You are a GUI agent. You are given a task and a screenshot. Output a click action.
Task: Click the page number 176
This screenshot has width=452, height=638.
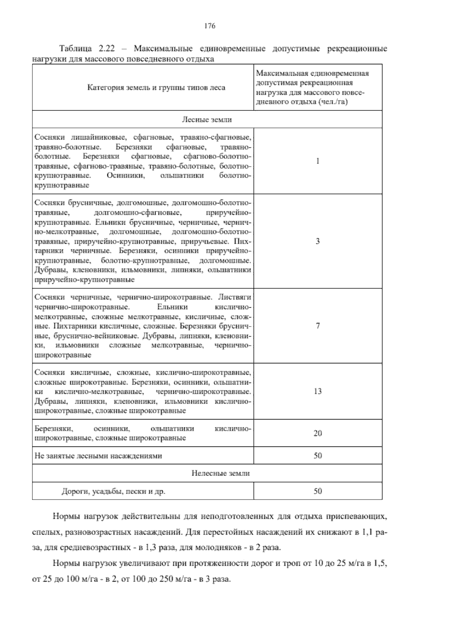209,26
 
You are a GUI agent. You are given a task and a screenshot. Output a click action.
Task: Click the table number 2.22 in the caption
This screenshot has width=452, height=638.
108,49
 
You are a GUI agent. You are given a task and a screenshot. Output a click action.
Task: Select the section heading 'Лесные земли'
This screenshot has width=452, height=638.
207,120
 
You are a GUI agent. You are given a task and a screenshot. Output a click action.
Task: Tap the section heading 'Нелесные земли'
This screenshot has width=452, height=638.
220,473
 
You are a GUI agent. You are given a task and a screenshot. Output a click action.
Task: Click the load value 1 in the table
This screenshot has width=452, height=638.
318,161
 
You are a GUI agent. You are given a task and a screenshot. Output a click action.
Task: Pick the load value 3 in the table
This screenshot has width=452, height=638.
318,241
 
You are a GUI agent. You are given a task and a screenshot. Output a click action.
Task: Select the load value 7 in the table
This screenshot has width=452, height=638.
318,326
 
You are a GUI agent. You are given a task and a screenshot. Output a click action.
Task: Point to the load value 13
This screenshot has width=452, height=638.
318,391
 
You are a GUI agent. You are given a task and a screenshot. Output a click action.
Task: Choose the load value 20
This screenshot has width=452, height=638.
318,433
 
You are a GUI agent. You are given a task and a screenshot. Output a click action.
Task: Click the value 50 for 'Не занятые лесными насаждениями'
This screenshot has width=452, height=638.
318,456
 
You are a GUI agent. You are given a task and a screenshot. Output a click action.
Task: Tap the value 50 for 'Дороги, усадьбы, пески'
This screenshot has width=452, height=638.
318,491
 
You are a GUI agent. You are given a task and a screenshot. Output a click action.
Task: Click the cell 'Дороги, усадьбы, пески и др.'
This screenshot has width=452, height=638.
113,491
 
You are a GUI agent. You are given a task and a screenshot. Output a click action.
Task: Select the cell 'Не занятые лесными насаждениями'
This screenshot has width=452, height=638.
98,456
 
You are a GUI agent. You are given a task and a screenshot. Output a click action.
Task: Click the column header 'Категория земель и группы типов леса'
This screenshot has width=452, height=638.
156,88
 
